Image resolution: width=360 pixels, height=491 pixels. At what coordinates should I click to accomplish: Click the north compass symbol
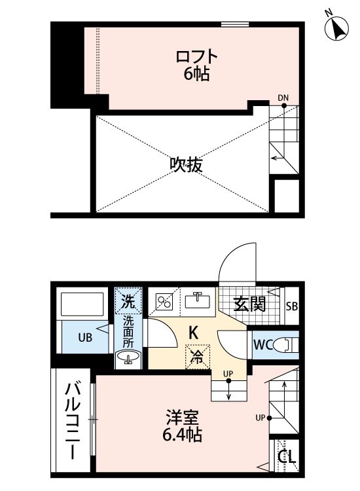[338, 27]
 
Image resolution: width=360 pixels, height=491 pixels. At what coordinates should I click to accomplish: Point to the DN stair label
[283, 98]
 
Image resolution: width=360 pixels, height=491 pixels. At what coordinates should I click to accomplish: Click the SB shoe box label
[291, 306]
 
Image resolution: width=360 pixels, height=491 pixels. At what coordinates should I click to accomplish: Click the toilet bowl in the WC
[284, 344]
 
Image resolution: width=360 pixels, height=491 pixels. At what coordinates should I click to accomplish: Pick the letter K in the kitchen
[194, 333]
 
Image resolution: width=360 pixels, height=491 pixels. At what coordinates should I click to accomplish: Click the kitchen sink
[196, 300]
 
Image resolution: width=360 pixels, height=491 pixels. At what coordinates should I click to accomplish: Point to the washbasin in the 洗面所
[127, 357]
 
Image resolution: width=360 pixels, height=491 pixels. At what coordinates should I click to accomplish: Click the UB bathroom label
[86, 338]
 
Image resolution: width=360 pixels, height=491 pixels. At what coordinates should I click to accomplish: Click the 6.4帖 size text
[183, 433]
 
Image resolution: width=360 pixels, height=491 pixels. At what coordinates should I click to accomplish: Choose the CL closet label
[286, 456]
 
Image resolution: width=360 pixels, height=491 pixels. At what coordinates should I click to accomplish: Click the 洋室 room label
[183, 416]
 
